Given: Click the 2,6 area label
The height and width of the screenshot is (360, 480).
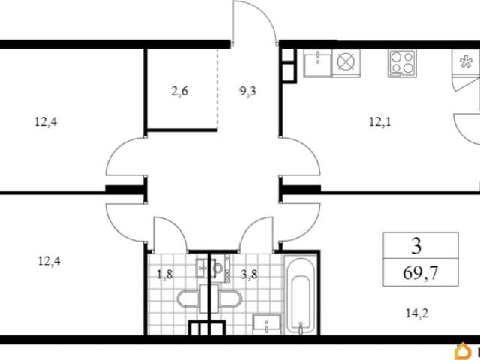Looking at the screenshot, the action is point(180,91).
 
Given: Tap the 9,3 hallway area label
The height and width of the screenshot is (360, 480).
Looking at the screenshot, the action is point(247,91).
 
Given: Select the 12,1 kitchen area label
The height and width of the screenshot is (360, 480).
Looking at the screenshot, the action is point(380,122).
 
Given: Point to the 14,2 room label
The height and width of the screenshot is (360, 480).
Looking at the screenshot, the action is point(417,313).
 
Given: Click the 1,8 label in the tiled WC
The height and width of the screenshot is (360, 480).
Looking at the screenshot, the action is point(165,274).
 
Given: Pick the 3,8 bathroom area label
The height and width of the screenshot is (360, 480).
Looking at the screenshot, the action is point(249,274).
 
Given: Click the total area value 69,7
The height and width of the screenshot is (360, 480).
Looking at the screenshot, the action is point(421,272).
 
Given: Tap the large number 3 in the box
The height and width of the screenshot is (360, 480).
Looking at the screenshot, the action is point(416,246).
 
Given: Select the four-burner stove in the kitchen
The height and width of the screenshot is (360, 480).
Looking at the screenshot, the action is point(402,63).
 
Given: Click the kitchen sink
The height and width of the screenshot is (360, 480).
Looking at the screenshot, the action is point(318,63).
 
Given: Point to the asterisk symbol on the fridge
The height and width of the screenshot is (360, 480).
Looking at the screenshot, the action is point(465,62).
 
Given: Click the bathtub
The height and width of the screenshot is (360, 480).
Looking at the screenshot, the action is point(301,295).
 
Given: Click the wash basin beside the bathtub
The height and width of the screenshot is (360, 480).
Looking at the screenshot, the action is point(267,323).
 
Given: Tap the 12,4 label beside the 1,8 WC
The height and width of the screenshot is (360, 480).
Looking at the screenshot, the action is point(49,262).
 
